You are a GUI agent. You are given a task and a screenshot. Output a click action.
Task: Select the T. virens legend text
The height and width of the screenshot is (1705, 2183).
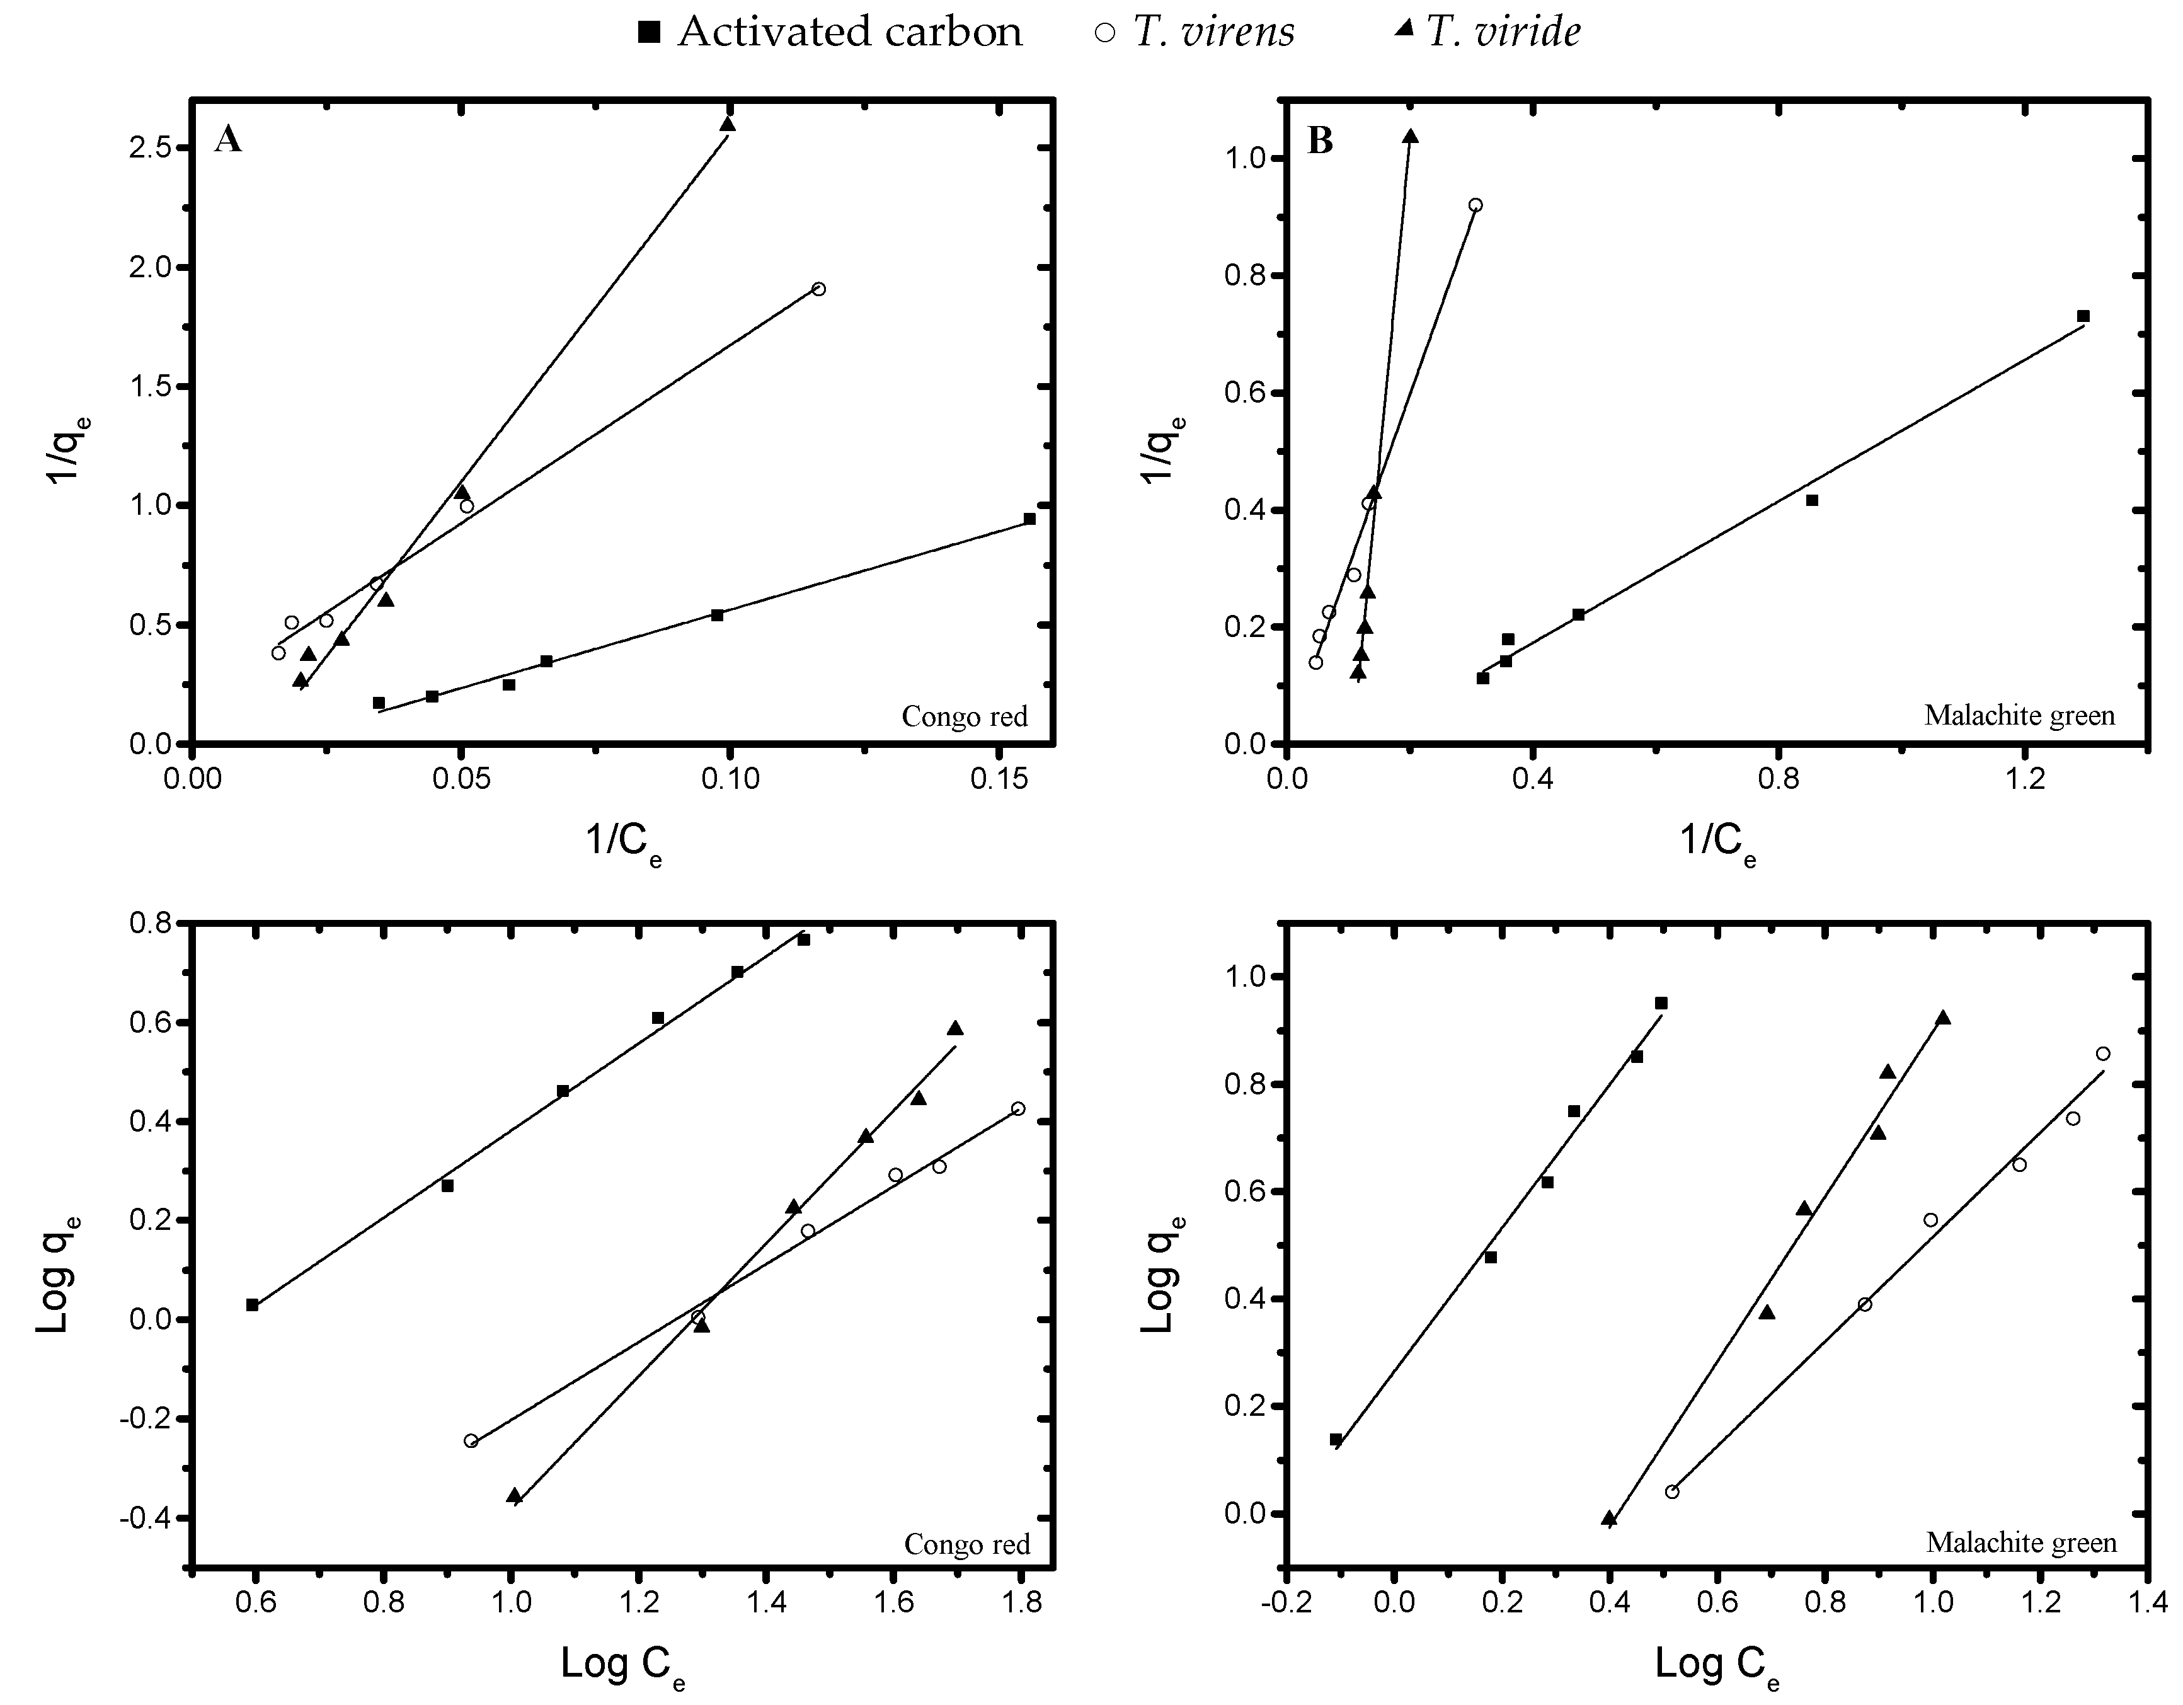tap(1213, 32)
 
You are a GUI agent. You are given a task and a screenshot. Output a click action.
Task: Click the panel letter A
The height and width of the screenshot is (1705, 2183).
tap(228, 139)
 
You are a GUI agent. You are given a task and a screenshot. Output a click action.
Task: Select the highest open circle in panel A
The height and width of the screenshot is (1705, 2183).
tap(818, 289)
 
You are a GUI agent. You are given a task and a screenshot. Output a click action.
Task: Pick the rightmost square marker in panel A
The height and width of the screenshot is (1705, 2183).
tap(1029, 519)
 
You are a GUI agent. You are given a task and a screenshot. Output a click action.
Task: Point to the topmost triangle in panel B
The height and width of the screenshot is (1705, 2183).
tap(1411, 136)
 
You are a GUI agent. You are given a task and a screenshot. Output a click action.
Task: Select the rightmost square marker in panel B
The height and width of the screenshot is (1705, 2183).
tap(2083, 316)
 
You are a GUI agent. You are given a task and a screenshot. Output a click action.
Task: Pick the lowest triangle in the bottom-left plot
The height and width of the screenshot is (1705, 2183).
tap(513, 1495)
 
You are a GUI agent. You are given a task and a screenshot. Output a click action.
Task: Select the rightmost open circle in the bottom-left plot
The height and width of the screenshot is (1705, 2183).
tap(1017, 1108)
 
